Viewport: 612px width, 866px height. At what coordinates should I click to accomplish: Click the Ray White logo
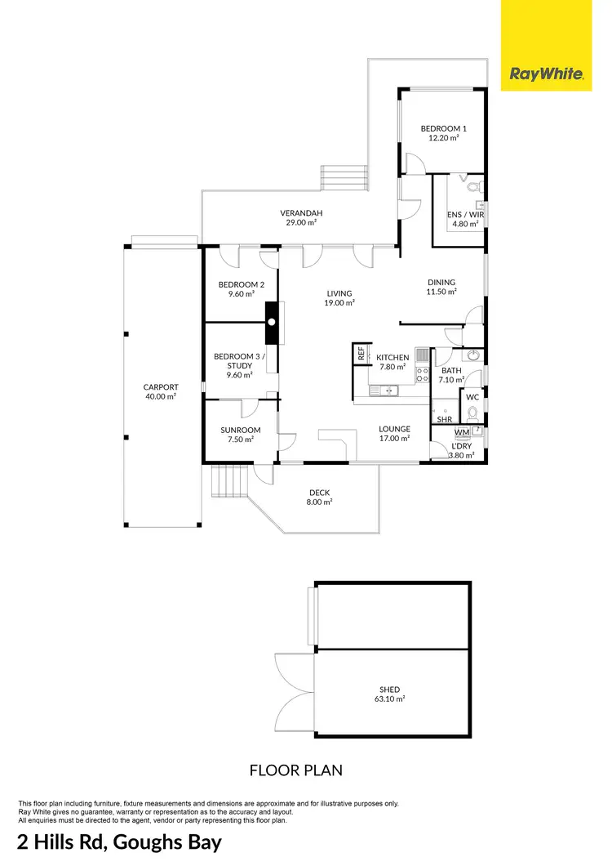(x=546, y=74)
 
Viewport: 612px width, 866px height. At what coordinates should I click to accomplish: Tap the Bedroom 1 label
(x=443, y=129)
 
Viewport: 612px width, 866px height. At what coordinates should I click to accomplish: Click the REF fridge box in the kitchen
(x=361, y=353)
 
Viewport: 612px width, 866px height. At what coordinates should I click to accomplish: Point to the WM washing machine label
(x=462, y=432)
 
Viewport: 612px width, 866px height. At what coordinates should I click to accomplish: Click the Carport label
(x=160, y=387)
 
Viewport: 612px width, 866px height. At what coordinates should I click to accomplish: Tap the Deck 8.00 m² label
(x=320, y=493)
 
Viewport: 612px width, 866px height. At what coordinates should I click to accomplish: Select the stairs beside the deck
(x=229, y=480)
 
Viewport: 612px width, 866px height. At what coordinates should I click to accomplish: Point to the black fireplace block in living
(x=272, y=324)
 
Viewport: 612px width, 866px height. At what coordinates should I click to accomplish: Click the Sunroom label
(x=240, y=431)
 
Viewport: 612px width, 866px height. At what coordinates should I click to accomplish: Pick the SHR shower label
(x=444, y=419)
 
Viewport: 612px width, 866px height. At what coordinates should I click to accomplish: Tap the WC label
(x=472, y=398)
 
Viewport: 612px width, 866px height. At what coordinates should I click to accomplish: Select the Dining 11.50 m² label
(x=441, y=283)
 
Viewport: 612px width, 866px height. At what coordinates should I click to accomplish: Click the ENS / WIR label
(x=465, y=215)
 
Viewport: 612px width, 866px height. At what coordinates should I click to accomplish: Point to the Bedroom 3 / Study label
(x=233, y=361)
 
